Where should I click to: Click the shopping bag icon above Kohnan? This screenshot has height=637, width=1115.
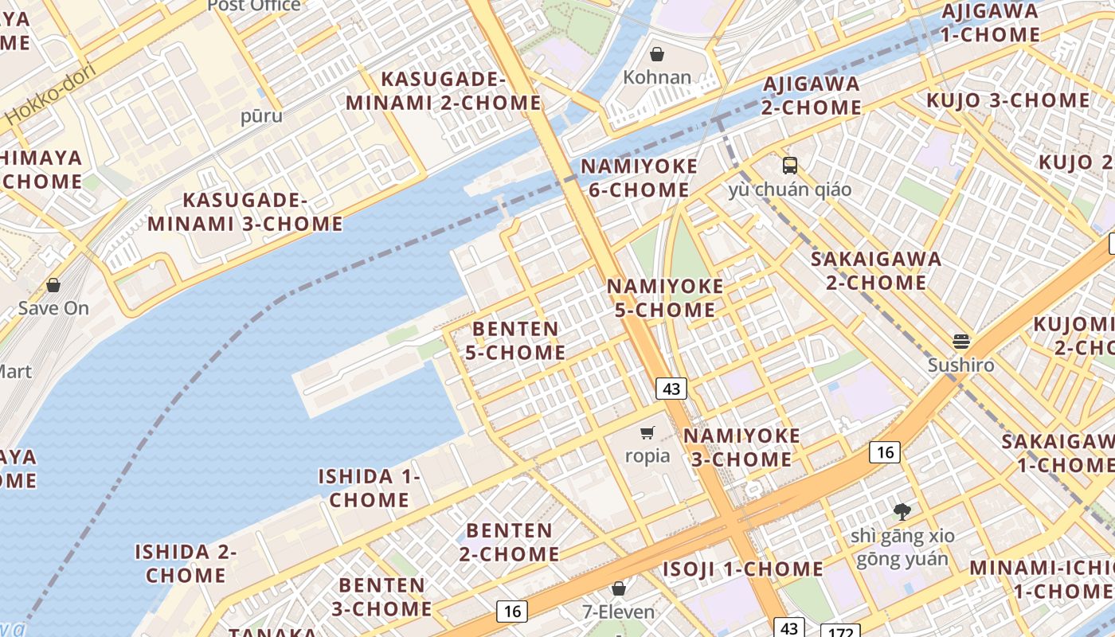click(657, 54)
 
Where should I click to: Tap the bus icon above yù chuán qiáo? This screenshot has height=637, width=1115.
click(789, 166)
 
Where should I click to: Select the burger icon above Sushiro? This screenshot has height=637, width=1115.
click(961, 342)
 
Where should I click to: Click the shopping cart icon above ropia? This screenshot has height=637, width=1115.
click(647, 433)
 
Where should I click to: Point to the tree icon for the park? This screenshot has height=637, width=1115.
click(902, 511)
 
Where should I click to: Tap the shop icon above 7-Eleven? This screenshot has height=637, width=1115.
click(619, 588)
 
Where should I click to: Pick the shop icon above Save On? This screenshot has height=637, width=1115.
click(53, 284)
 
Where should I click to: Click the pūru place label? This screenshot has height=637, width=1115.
click(261, 116)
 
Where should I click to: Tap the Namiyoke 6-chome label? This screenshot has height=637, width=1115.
click(639, 178)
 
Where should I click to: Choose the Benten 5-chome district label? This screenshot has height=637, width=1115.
click(515, 341)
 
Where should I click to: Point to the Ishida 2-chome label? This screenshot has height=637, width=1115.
click(186, 563)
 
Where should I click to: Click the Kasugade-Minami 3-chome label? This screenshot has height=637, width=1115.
click(245, 212)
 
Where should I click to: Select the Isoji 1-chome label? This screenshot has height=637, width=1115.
click(743, 569)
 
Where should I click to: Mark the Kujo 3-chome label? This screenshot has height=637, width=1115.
click(1007, 100)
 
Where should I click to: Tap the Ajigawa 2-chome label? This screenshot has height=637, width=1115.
click(812, 96)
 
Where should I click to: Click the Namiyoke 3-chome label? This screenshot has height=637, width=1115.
click(741, 447)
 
